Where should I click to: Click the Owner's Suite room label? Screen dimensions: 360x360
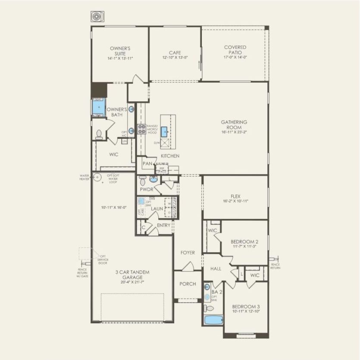click(120, 51)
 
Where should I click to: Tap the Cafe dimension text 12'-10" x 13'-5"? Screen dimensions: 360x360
click(175, 58)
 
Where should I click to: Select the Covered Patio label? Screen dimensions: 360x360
click(235, 50)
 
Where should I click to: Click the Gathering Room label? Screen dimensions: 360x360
click(234, 125)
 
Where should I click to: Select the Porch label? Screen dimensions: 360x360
click(187, 284)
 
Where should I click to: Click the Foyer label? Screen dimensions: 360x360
click(188, 253)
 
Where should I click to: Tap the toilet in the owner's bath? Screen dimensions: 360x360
click(99, 135)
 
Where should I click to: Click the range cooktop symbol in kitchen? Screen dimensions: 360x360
click(141, 129)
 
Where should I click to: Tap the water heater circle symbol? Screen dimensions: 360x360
click(97, 176)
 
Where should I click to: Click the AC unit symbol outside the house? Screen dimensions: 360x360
click(95, 17)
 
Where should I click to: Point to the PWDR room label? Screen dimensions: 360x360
click(144, 190)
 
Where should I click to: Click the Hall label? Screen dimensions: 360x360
click(216, 269)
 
